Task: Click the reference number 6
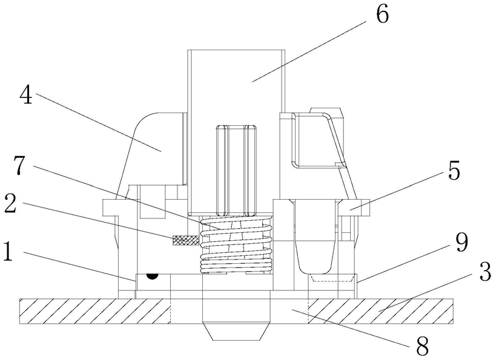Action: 382,15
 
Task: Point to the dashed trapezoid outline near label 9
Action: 331,278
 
